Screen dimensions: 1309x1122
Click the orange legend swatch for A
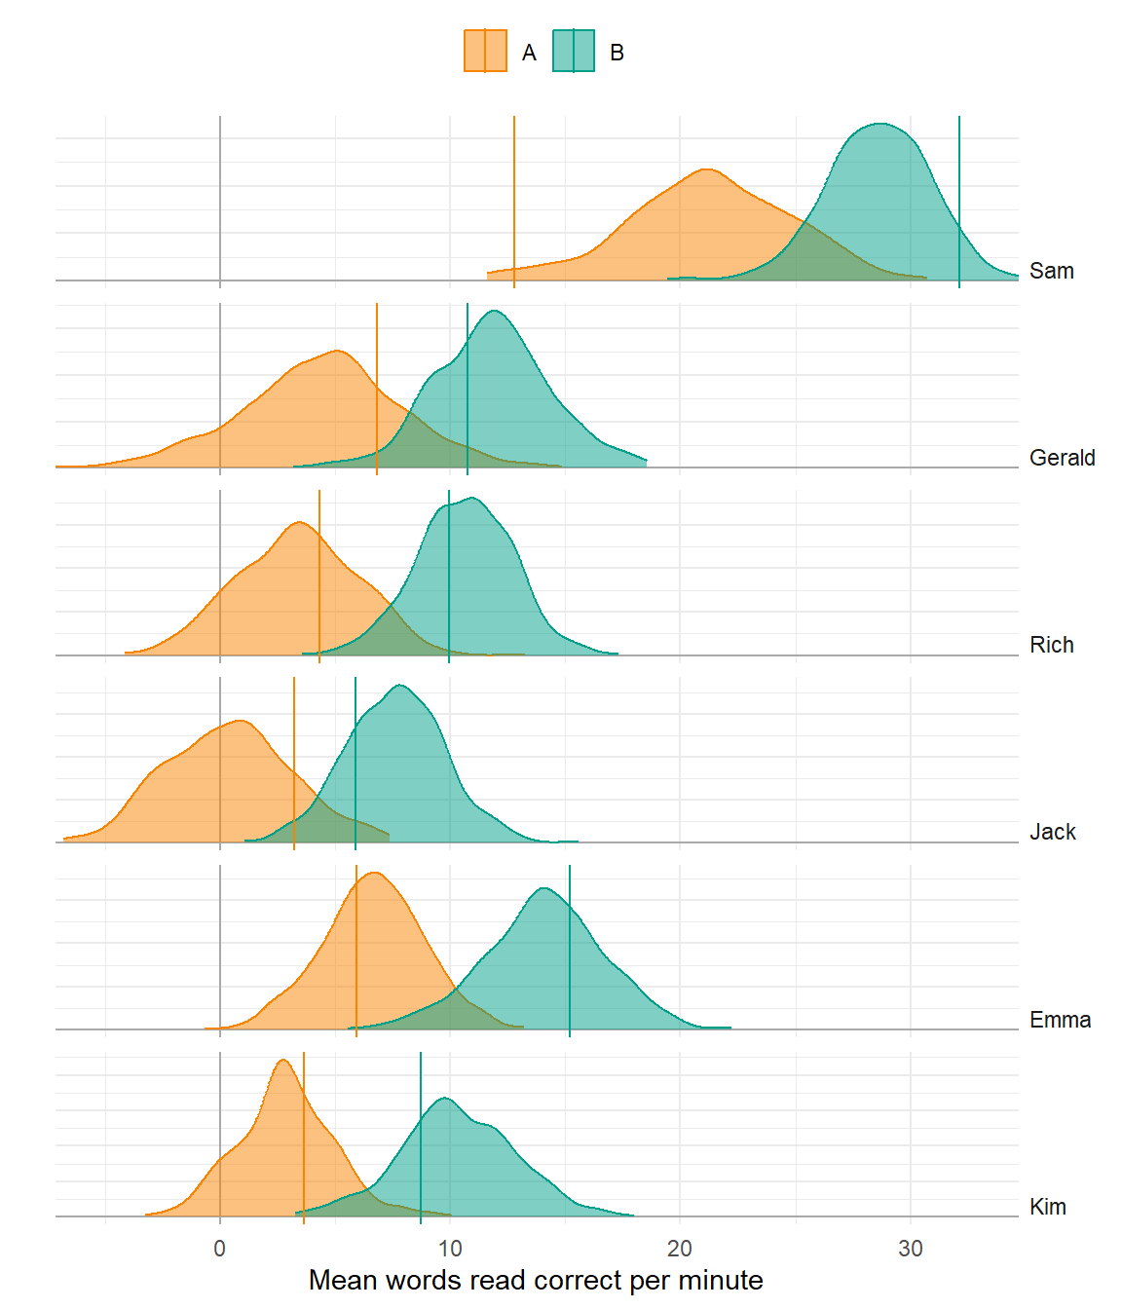click(485, 52)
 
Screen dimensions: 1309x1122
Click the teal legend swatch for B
click(574, 52)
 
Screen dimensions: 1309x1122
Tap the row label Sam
click(1051, 271)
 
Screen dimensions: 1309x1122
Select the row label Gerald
click(1062, 458)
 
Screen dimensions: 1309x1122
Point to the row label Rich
click(1051, 645)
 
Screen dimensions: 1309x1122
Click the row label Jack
click(1052, 832)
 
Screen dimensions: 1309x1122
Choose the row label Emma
click(1060, 1020)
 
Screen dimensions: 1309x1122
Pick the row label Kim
click(1047, 1207)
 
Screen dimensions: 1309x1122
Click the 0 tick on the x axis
click(220, 1249)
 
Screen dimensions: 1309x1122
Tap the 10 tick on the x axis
click(450, 1249)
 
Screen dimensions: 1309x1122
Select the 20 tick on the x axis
click(680, 1249)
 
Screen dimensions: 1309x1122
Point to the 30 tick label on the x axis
click(910, 1249)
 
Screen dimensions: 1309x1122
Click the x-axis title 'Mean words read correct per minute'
click(536, 1280)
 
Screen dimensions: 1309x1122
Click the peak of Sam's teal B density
click(880, 124)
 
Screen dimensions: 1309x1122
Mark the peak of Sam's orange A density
click(706, 169)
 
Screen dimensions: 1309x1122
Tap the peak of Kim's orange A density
click(282, 1061)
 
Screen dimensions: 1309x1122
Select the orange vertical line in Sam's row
click(514, 195)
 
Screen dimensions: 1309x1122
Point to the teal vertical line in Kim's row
click(421, 1140)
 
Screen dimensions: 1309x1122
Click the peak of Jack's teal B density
click(400, 686)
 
